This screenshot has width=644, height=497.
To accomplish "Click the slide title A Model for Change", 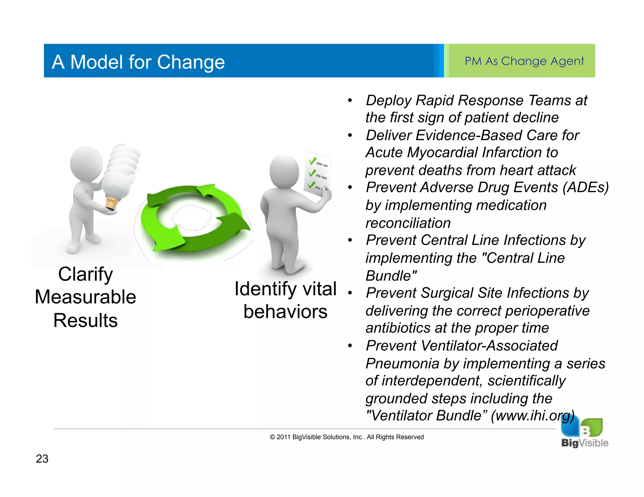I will coord(138,62).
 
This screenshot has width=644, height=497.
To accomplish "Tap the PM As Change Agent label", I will coord(524,61).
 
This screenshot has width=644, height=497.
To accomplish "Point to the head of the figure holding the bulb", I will coord(86,163).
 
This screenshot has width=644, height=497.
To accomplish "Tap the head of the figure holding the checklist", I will coord(284,171).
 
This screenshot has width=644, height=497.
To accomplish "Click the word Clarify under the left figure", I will coord(85,274).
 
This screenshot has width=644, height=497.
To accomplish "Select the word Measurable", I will coord(85,297).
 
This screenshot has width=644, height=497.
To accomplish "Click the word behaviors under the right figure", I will coord(285,312).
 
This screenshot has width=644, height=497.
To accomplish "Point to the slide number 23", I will coord(42,459).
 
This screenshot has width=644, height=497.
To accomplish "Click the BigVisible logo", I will coord(584,434).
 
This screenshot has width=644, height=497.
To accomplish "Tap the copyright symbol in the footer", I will coord(272,437).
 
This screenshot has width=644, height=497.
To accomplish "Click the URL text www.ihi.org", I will coord(533,416).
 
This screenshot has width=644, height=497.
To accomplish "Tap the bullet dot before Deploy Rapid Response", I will coord(350,101).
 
